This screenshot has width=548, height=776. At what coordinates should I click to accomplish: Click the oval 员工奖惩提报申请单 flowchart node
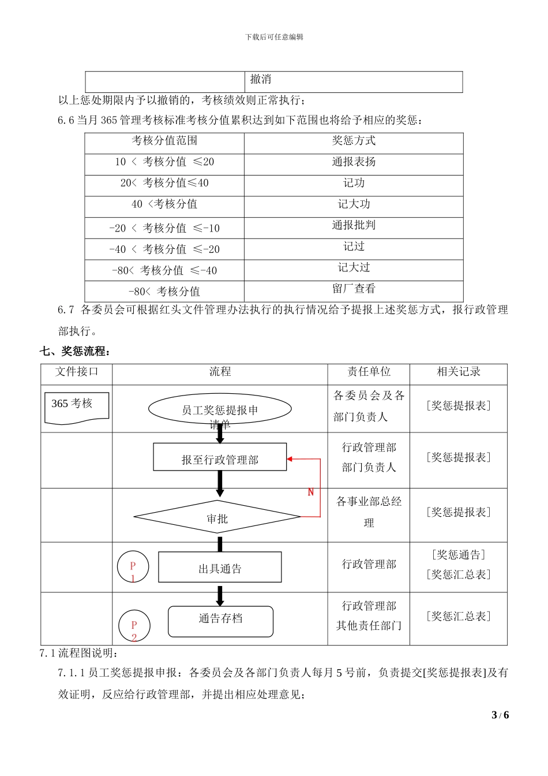[220, 409]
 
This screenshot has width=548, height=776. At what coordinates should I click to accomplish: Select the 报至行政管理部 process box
[220, 457]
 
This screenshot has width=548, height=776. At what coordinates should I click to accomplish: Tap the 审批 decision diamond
[217, 517]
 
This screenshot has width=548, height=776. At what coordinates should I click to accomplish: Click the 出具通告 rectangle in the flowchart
[220, 568]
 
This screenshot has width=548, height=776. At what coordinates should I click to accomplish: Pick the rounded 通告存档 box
[220, 621]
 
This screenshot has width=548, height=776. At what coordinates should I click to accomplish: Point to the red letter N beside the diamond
[311, 492]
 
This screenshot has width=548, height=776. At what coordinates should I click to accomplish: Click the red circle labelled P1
[133, 568]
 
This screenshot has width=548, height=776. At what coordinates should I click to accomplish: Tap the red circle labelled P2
[134, 626]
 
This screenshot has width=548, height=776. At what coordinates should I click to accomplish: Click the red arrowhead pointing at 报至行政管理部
[290, 459]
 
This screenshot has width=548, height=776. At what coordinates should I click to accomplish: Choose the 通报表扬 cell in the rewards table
[354, 162]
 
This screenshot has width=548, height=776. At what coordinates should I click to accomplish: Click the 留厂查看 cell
[354, 289]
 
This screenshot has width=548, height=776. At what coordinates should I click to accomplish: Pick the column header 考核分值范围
[164, 141]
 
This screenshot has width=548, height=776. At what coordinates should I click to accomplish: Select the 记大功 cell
[354, 204]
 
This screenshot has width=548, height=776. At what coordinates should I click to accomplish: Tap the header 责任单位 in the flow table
[369, 372]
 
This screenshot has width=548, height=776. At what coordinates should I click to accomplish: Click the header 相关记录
[459, 372]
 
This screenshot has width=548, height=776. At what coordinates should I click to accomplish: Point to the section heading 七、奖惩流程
[75, 352]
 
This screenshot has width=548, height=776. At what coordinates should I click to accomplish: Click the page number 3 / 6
[500, 715]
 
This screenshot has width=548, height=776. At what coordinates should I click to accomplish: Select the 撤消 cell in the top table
[261, 80]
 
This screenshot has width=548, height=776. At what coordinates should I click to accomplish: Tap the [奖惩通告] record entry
[459, 555]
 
